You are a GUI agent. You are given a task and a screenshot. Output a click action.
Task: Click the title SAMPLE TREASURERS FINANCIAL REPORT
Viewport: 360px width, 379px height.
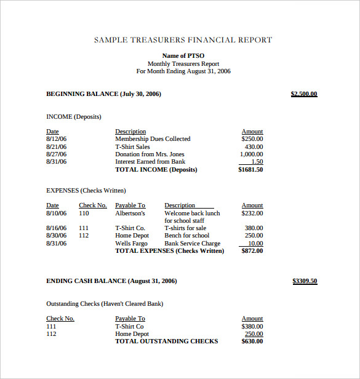183,40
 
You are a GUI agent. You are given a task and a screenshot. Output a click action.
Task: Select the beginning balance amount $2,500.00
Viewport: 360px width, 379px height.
303,94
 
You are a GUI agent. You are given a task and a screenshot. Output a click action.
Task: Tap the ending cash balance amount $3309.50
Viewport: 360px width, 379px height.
305,281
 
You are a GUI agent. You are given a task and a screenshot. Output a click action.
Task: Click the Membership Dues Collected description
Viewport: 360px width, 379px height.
153,139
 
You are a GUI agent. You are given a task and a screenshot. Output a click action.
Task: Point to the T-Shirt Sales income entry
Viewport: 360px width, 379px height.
132,147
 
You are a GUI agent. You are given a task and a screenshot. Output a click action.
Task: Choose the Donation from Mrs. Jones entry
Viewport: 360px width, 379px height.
150,154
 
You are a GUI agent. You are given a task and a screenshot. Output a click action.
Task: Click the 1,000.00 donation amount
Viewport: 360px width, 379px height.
251,154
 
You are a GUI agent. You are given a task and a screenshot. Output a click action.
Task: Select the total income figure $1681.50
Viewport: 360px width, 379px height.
250,170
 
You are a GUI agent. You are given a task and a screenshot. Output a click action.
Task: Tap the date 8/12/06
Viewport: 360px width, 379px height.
56,139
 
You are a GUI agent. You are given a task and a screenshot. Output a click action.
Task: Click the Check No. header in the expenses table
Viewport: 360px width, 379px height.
92,205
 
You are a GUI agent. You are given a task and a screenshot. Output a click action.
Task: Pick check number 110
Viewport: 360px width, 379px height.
84,213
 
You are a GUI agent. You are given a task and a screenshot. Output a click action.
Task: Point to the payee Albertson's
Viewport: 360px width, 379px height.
130,213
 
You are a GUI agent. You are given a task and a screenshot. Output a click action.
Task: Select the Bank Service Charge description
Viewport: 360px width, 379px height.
192,244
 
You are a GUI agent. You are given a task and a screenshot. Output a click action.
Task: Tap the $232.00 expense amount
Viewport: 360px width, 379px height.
252,213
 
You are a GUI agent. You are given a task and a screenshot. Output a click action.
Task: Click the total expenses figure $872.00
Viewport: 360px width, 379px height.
252,251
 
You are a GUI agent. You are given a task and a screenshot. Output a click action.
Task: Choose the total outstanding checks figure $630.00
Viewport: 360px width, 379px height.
252,341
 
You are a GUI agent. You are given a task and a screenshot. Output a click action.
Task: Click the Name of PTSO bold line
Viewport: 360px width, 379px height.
183,56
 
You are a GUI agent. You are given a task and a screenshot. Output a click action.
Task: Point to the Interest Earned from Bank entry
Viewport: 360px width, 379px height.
150,162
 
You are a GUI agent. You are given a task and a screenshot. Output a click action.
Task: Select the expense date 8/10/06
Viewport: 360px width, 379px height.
56,213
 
